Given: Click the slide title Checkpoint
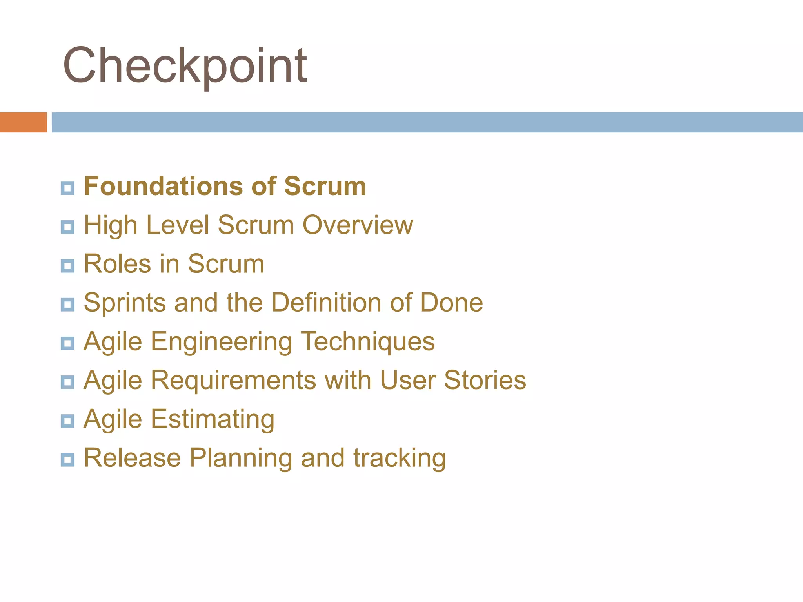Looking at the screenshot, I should click(185, 65).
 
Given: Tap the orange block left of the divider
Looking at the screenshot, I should click(23, 122).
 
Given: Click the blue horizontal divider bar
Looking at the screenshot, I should click(427, 122).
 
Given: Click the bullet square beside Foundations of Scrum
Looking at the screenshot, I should click(67, 188).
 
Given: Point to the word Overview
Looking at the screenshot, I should click(358, 225).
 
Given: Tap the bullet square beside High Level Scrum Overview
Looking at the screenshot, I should click(67, 227).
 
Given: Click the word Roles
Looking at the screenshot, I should click(117, 263).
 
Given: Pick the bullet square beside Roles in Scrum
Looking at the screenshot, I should click(67, 266).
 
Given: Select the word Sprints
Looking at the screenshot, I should click(125, 303).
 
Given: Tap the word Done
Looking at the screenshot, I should click(451, 303).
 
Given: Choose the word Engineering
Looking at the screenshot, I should click(222, 342).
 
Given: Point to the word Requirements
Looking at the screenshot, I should click(233, 381).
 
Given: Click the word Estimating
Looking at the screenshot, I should click(213, 419).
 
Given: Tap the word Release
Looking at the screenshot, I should click(132, 458).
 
